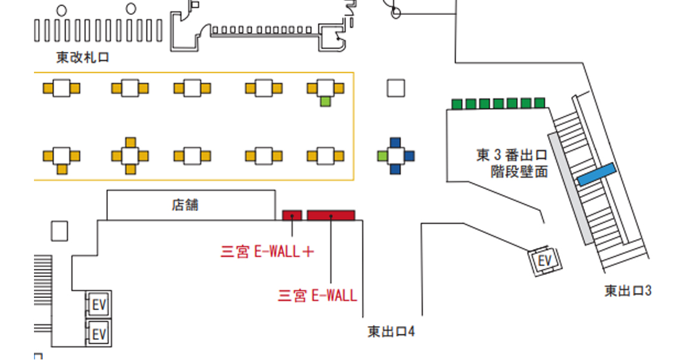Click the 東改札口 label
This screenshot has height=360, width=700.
[x=83, y=58]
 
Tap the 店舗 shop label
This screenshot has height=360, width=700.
[x=185, y=205]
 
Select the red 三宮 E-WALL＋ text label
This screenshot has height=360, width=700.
[x=267, y=252]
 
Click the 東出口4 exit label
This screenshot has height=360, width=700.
[x=391, y=331]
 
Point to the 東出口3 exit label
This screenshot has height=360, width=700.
[x=628, y=291]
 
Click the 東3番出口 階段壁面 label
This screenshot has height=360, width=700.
[x=512, y=163]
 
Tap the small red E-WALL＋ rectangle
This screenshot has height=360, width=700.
[x=292, y=216]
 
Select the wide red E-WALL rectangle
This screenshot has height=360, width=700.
[x=331, y=216]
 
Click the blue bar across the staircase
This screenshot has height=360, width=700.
[x=596, y=175]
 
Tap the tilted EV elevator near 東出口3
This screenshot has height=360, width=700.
[x=544, y=261]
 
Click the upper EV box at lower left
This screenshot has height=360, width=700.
[x=98, y=305]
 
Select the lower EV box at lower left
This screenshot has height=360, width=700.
[x=98, y=333]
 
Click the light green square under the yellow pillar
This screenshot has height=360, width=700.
[x=326, y=102]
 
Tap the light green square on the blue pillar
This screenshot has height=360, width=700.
[x=382, y=156]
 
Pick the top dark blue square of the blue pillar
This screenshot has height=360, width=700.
[x=395, y=143]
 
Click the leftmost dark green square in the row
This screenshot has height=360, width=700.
[x=457, y=104]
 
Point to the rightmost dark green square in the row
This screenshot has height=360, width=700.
[x=540, y=103]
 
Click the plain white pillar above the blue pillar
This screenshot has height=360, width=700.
[x=395, y=88]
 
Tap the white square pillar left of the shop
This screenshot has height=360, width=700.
[x=60, y=231]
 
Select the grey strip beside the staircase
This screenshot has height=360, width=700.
[x=571, y=189]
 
